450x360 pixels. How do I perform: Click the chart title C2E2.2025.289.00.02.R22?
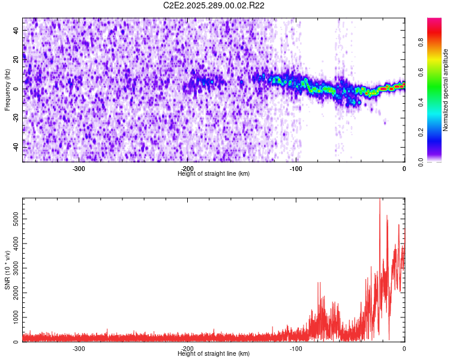pos(214,5)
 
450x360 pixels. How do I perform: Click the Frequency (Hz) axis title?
pos(7,90)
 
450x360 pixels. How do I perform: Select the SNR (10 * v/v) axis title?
pos(7,270)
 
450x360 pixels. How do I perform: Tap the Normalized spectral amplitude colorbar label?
pos(446,90)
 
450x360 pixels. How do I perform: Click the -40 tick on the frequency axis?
pos(16,147)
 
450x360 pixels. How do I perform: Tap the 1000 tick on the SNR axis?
pos(13,317)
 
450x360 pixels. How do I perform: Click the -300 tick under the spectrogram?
pos(79,168)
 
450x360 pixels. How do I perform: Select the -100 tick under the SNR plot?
pos(296,348)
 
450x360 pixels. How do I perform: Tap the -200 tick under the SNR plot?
pos(187,348)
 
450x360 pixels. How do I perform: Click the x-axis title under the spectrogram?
pos(214,174)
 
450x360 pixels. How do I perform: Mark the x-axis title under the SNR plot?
pos(214,354)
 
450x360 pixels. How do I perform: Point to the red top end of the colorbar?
pos(434,21)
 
